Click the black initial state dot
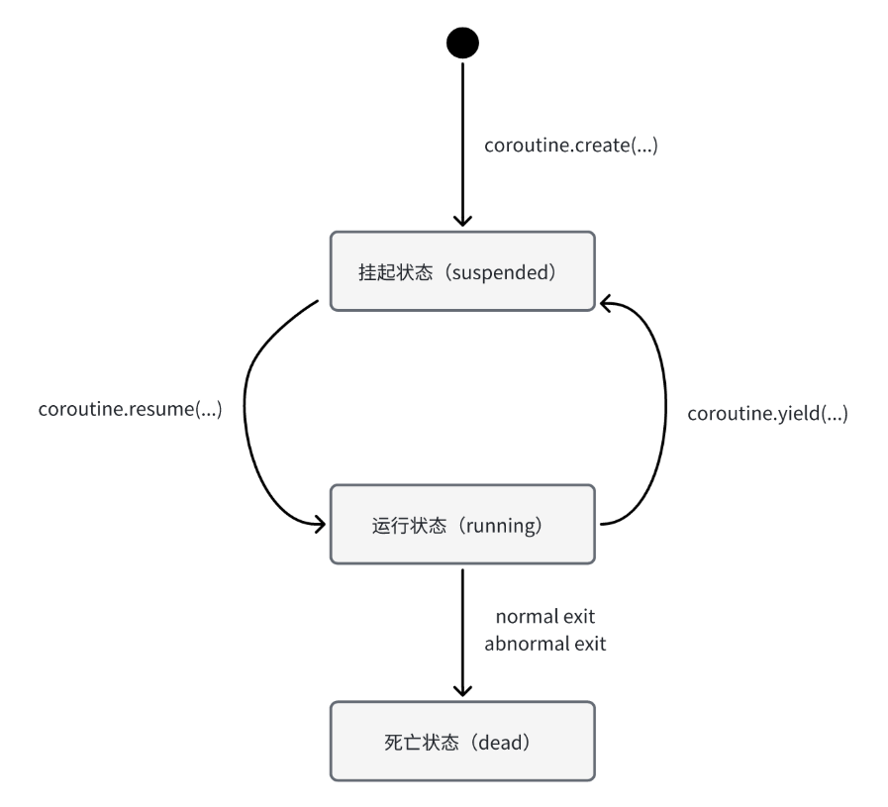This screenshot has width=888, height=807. [462, 43]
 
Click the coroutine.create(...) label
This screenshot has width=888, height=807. [571, 146]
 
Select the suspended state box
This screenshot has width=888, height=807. [462, 271]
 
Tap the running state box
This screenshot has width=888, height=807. [462, 525]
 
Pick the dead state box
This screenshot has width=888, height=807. [462, 742]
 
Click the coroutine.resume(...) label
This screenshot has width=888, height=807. [131, 409]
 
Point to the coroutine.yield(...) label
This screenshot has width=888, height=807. [767, 414]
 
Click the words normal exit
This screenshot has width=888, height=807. [545, 616]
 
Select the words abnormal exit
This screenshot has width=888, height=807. [545, 644]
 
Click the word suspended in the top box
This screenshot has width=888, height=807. [501, 272]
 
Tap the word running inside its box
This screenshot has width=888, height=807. [501, 526]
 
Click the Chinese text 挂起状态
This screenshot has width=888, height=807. [395, 272]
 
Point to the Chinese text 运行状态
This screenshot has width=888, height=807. [409, 526]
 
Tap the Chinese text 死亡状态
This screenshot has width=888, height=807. [422, 743]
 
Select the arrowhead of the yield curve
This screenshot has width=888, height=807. [606, 304]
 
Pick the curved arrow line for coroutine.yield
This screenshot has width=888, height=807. [665, 411]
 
